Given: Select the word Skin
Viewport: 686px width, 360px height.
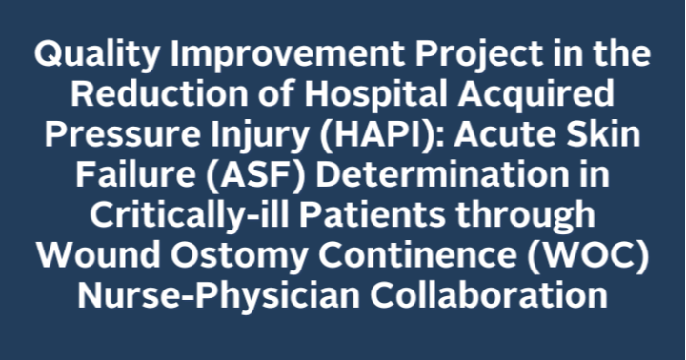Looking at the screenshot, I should (605, 135).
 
